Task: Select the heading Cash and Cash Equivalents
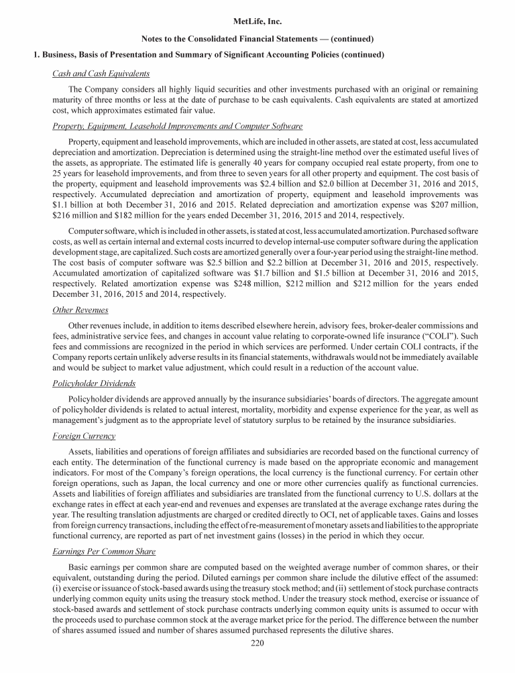click(101, 73)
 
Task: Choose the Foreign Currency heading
click(84, 435)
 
